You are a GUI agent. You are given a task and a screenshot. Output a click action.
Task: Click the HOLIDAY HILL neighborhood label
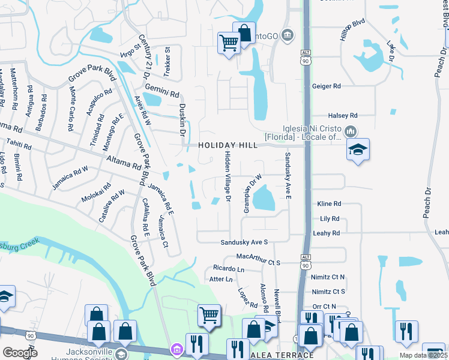point(228,145)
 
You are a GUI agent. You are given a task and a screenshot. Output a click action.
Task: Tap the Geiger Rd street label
point(326,86)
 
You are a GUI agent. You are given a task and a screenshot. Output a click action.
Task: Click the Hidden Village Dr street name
point(228,176)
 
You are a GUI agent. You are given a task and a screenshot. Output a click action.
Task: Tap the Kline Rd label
point(329,204)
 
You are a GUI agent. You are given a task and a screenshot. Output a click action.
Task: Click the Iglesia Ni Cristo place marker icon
point(351,131)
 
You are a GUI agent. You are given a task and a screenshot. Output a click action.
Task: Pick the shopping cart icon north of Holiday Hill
point(229,43)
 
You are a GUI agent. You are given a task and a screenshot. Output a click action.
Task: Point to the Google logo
point(19,353)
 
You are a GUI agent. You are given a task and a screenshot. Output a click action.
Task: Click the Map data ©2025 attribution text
point(423,355)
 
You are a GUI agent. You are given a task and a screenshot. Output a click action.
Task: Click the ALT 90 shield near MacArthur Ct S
point(306,263)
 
